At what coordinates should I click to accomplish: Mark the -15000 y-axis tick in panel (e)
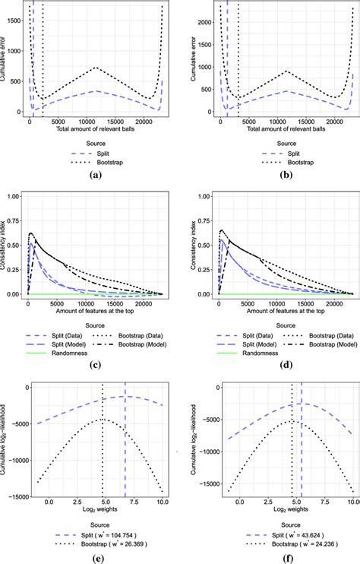[x=16, y=497]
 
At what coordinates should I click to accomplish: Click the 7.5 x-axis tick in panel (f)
[x=321, y=503]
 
